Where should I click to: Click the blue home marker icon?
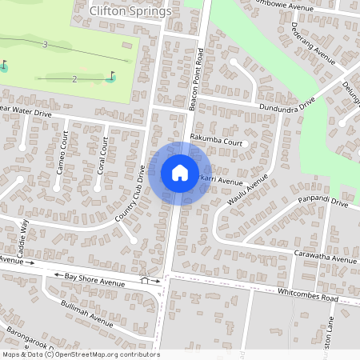pos(179,173)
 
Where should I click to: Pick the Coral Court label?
pos(102,156)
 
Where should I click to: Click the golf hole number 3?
pos(46,45)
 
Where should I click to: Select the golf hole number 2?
pos(74,78)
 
